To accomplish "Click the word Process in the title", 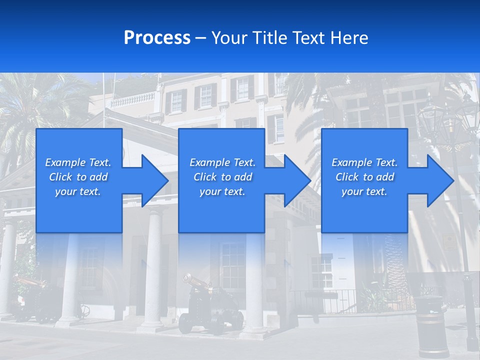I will (x=157, y=38).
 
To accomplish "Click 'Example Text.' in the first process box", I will (x=78, y=162).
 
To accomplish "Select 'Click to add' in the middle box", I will (x=222, y=177).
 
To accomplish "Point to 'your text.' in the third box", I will (x=364, y=191).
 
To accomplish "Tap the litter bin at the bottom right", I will (x=431, y=325).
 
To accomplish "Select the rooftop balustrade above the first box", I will (x=132, y=100).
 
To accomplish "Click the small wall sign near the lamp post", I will (x=450, y=242).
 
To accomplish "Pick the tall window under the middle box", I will (x=233, y=265).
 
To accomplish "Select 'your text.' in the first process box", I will (x=78, y=191).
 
